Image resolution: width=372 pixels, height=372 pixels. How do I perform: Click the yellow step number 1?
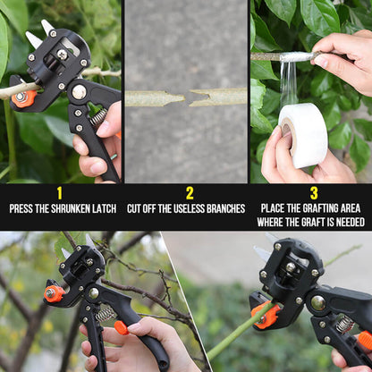(x=60, y=192)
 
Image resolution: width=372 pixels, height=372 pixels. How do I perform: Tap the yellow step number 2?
(x=189, y=192)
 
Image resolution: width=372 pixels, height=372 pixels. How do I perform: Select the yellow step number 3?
(x=314, y=192)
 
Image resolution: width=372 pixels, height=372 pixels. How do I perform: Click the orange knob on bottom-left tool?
(x=54, y=293)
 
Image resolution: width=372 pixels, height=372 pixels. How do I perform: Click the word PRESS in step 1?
(x=24, y=209)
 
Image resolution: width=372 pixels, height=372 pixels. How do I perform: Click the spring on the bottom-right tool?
(x=344, y=324)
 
